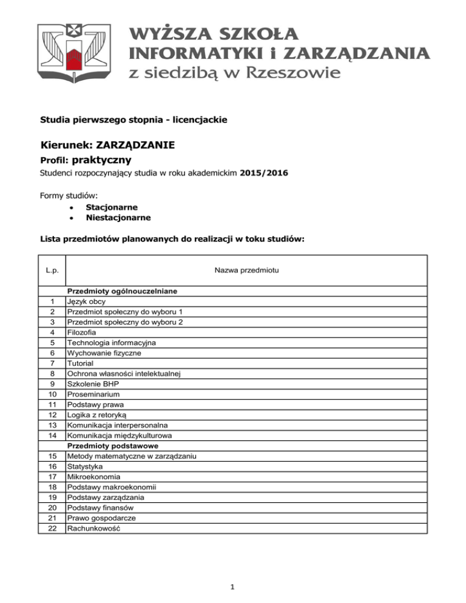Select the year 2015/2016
pos(264,173)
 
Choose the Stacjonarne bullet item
pos(111,207)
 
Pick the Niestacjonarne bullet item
pos(118,217)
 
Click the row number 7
pos(52,363)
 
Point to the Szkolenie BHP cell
pos(95,384)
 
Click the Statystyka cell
pos(85,467)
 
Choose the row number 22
pos(52,528)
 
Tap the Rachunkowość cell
pos(94,528)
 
